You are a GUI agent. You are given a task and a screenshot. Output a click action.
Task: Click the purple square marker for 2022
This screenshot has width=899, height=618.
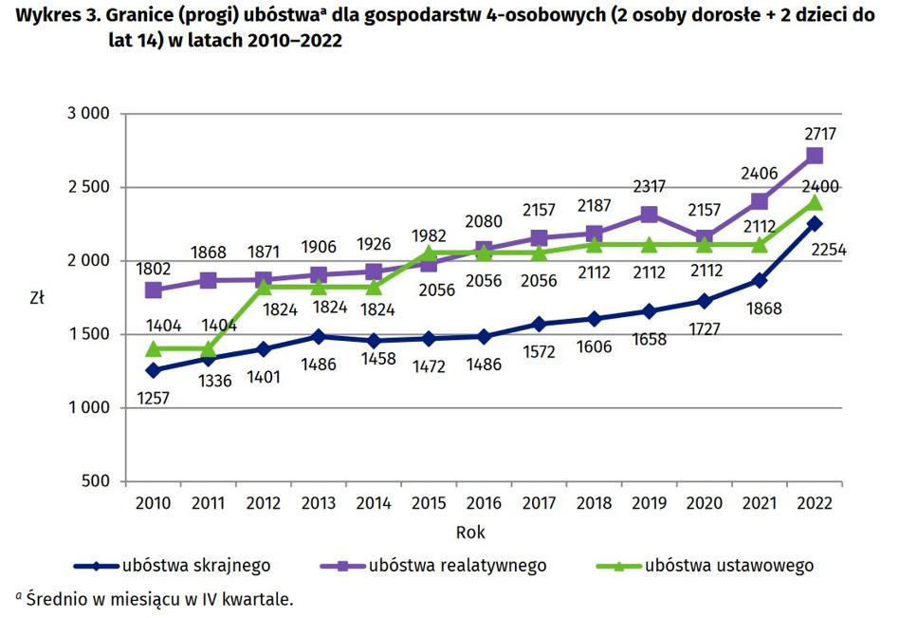tap(814, 156)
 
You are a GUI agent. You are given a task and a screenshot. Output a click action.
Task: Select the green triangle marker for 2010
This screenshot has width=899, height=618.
tap(154, 348)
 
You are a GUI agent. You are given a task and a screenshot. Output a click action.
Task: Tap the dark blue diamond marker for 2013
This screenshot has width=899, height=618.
tap(319, 336)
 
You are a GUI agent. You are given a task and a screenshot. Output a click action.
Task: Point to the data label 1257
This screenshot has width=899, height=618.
tap(153, 398)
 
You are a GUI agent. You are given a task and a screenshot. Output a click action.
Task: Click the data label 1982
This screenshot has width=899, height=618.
tap(428, 234)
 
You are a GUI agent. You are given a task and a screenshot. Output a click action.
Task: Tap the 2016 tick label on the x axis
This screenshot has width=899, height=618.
tap(484, 501)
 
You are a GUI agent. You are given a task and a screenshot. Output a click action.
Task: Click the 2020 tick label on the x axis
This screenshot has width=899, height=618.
tap(704, 501)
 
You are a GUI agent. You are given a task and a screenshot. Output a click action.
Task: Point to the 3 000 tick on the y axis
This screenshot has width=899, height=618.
tap(89, 114)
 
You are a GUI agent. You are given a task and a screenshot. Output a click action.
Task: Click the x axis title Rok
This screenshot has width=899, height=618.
tap(470, 532)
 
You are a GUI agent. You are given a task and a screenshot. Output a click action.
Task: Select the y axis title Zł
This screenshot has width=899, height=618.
tap(37, 297)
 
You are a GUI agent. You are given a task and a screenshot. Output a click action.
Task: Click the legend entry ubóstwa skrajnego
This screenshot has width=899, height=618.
tap(194, 566)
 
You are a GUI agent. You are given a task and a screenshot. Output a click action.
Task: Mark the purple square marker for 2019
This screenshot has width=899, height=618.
tap(649, 215)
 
